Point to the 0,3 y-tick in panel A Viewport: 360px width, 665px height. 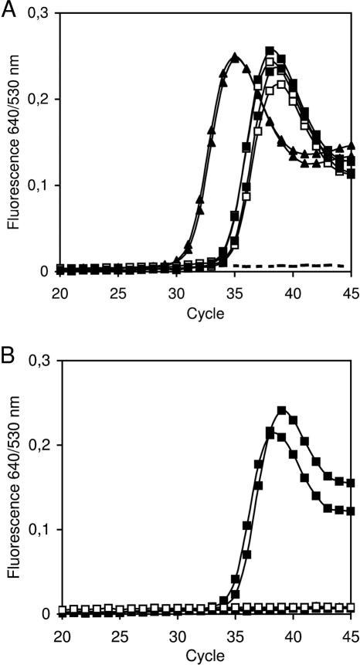click(42, 13)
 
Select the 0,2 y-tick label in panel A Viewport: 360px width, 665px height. click(42, 99)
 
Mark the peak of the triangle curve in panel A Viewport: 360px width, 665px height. click(235, 56)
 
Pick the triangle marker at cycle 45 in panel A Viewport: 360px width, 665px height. click(351, 146)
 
